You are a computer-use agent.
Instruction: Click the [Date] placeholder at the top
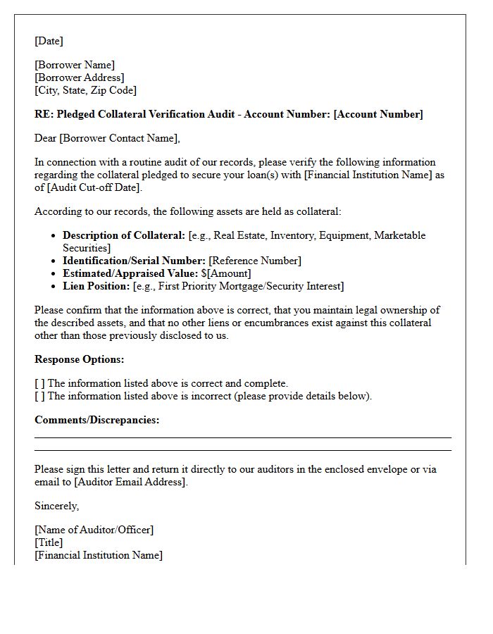49,41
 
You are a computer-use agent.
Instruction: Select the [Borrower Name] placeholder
75,65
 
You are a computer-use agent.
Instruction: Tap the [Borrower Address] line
79,77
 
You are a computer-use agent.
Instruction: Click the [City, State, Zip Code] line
85,90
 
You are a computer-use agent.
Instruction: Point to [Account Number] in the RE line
380,114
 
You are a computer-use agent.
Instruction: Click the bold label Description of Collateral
124,235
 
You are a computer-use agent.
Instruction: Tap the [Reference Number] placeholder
254,261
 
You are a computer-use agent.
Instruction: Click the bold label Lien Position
96,286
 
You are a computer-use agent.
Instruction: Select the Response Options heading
79,359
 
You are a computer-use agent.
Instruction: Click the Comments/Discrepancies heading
96,420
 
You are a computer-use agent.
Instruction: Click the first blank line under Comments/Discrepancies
243,437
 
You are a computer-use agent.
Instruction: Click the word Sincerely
56,506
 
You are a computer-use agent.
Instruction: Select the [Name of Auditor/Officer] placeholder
94,530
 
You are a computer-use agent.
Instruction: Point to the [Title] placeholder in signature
49,542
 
